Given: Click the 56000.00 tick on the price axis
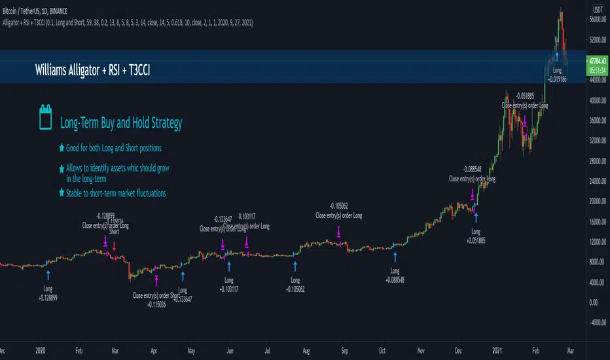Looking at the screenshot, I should (598, 20).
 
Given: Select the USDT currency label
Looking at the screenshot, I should (597, 10).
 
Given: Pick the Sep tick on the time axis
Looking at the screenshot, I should (345, 350).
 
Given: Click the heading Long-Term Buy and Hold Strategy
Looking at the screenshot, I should (120, 123).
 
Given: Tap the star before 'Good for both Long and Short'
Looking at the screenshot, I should (62, 148).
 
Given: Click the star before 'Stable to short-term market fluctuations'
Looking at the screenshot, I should (62, 193).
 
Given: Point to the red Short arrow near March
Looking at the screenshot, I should (114, 246).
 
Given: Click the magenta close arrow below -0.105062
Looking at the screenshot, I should (338, 232).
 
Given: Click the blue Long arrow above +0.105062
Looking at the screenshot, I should (295, 266).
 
